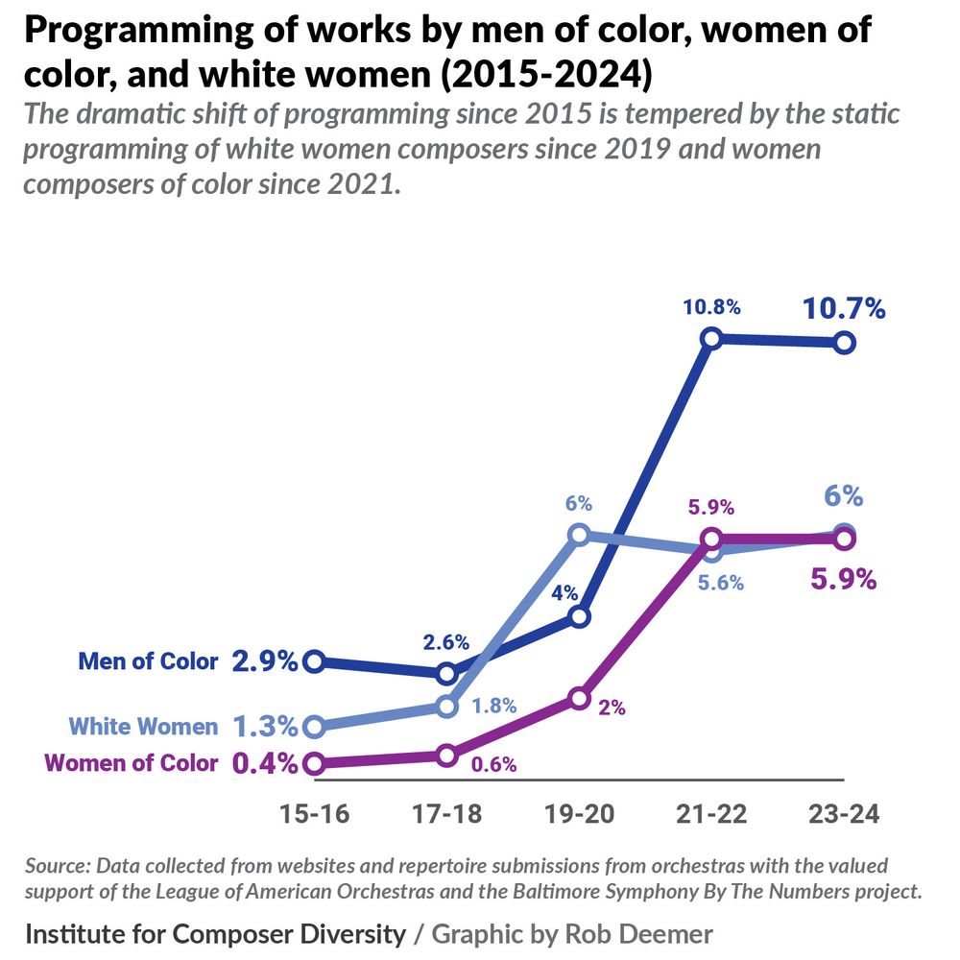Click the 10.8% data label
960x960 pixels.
click(x=711, y=308)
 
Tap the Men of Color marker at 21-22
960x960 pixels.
click(x=711, y=338)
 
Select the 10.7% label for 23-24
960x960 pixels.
click(x=844, y=309)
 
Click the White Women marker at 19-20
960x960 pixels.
click(x=578, y=534)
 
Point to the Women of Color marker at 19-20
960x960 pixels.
click(x=578, y=698)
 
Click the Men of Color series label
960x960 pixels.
click(x=148, y=661)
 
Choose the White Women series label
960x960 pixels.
click(x=145, y=726)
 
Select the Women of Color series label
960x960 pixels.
click(x=132, y=764)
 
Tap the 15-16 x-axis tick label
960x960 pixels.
click(x=314, y=815)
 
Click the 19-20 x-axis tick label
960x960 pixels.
click(x=579, y=815)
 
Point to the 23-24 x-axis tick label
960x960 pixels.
click(x=844, y=815)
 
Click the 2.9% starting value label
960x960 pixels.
click(x=264, y=661)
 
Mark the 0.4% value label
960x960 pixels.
click(x=264, y=764)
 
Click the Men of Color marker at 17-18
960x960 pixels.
click(x=446, y=672)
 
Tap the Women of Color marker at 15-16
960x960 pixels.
click(x=314, y=764)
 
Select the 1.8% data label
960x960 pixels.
click(x=493, y=706)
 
